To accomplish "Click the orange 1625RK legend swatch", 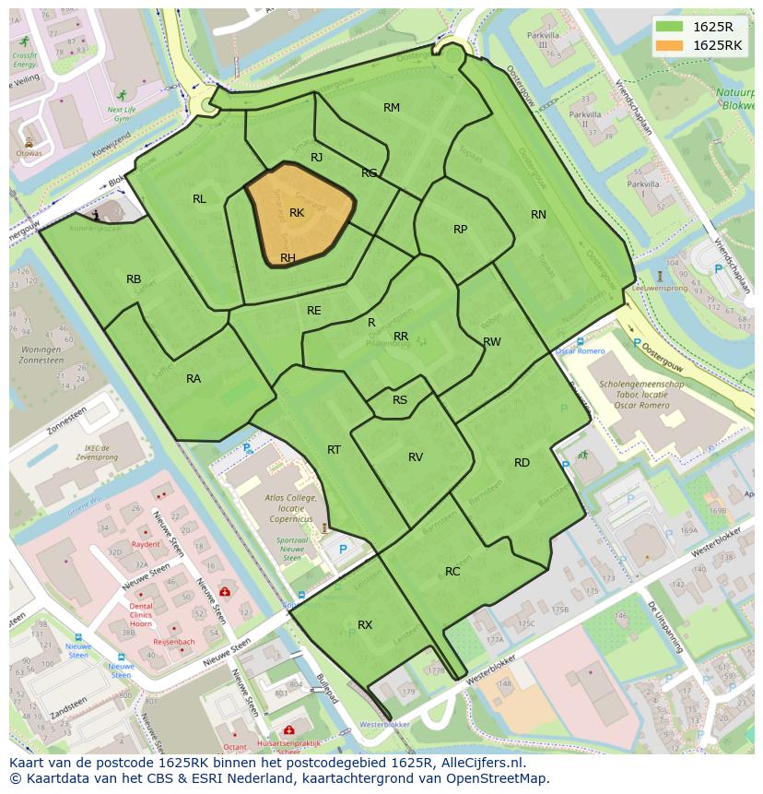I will (671, 45).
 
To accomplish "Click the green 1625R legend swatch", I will (671, 27).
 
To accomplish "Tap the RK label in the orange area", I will (297, 213).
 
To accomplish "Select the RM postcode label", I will (392, 108).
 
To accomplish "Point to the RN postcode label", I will (538, 215).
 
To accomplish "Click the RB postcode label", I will (134, 279).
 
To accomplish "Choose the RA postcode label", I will (194, 379).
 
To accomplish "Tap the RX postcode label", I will (365, 625).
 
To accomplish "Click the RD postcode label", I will (522, 463).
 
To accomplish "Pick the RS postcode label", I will (400, 400).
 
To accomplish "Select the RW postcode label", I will (492, 342).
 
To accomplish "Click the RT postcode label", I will (334, 450).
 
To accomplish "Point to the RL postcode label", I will (199, 199).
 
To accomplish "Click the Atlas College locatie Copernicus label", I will (290, 507).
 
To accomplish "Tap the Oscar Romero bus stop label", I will (581, 351).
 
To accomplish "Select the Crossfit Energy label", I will (25, 60).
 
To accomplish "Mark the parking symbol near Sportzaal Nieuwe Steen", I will (343, 550).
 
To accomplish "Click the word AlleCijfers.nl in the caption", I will (478, 763).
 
